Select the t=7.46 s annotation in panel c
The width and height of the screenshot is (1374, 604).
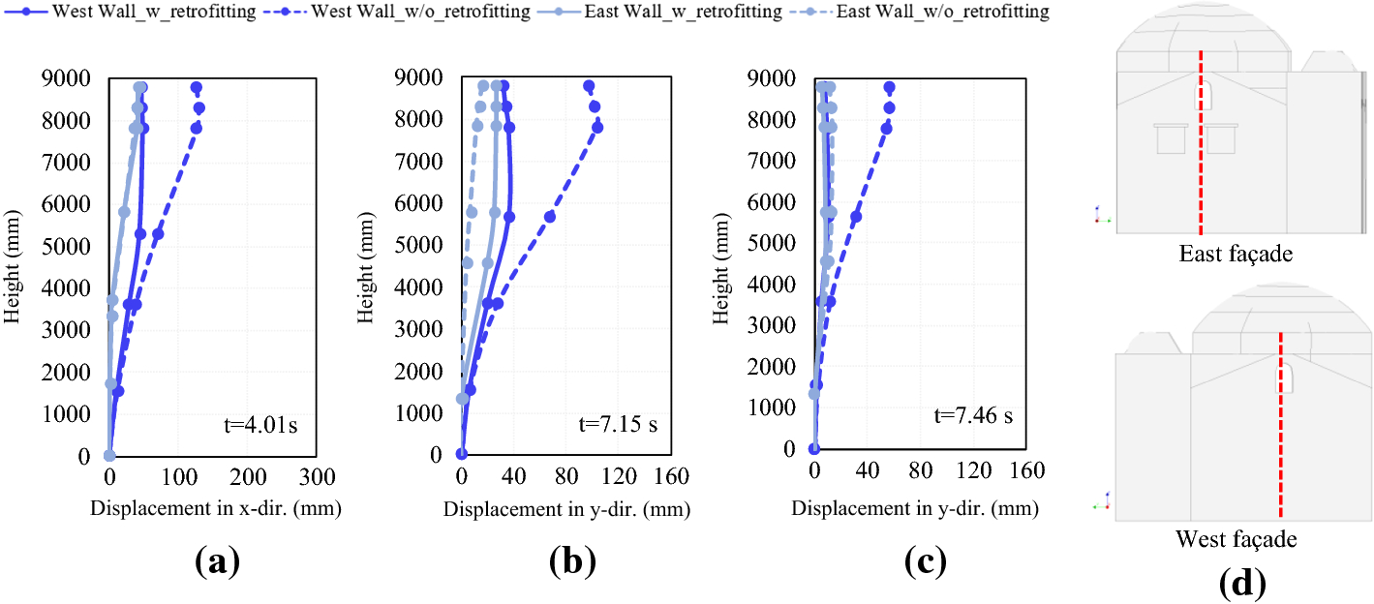[973, 416]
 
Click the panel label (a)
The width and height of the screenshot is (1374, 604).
[214, 560]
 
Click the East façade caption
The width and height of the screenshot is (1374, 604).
[1236, 255]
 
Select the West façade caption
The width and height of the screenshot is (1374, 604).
[1236, 539]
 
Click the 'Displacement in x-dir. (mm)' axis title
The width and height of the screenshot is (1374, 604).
[216, 507]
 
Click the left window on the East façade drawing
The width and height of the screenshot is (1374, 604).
[1171, 139]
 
